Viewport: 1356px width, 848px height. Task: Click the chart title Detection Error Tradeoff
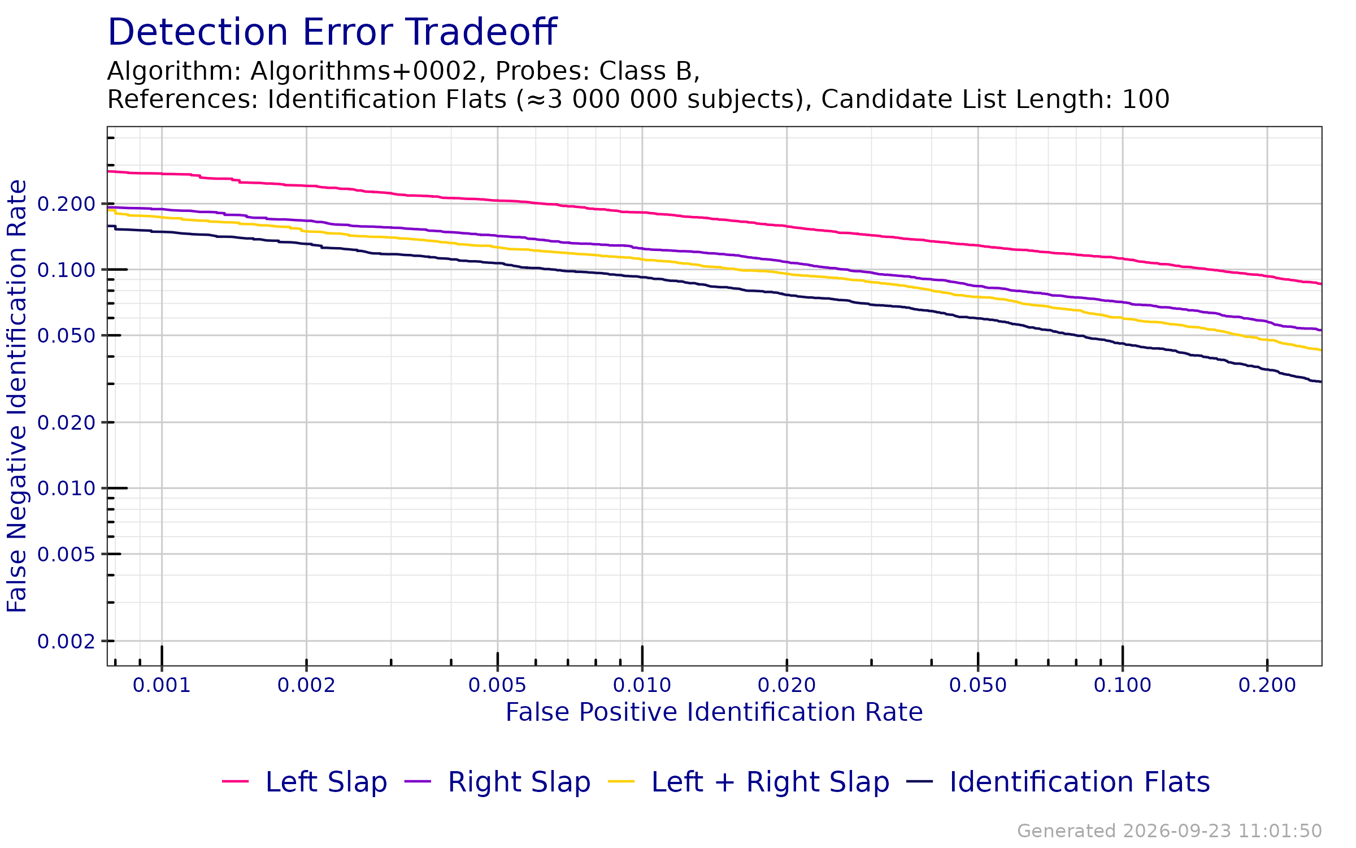click(332, 32)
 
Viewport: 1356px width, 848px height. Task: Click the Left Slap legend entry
click(305, 782)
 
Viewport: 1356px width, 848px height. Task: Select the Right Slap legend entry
click(498, 782)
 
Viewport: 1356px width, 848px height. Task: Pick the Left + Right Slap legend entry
click(749, 782)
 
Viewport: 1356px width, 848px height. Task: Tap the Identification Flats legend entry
click(1058, 782)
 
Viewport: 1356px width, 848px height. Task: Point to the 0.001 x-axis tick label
click(162, 685)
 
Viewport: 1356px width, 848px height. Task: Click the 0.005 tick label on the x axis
click(497, 685)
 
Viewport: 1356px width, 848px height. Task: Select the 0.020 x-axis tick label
click(786, 685)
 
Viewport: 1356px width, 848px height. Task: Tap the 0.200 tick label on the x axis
click(1267, 685)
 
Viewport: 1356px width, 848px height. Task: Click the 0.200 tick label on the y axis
click(67, 204)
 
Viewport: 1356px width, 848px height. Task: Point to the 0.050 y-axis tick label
click(67, 336)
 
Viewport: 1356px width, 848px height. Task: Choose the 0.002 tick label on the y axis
click(67, 642)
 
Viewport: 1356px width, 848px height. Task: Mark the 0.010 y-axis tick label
click(67, 488)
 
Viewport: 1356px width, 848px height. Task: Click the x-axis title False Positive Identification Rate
click(714, 712)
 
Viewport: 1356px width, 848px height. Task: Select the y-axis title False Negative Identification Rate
click(17, 396)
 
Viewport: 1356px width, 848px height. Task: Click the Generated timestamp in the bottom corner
click(1170, 831)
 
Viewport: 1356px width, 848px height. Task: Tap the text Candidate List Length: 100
click(996, 99)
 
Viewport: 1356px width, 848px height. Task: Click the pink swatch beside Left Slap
click(235, 782)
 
